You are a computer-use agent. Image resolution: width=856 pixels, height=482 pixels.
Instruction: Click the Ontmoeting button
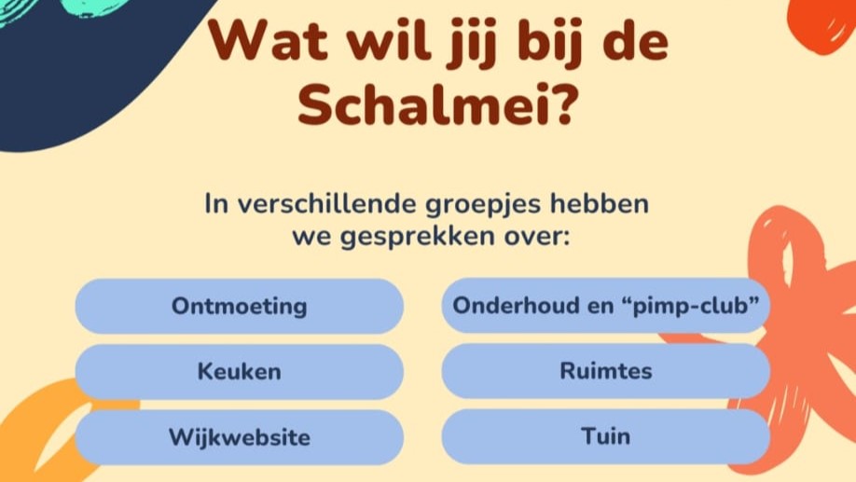[x=239, y=306]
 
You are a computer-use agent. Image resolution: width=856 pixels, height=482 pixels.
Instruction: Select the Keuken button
[x=239, y=371]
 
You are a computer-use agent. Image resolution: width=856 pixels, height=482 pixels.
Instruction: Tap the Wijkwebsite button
[x=239, y=437]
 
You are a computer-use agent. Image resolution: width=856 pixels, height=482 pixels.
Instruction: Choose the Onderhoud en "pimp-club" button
[x=605, y=306]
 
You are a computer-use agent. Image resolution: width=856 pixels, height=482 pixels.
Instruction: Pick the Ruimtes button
[x=605, y=371]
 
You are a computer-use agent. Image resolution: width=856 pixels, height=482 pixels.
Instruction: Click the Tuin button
[x=605, y=436]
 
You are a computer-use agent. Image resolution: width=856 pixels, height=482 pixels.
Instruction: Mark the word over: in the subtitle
[x=536, y=236]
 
